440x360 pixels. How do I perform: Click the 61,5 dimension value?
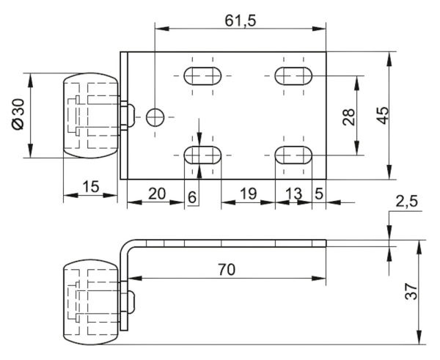pyautogui.click(x=240, y=21)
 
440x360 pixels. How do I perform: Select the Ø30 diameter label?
pyautogui.click(x=18, y=115)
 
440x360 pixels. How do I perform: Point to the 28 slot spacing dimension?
pyautogui.click(x=349, y=115)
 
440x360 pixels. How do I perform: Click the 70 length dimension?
pyautogui.click(x=226, y=269)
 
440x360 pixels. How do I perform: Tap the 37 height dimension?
pyautogui.click(x=411, y=291)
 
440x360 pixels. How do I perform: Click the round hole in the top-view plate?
pyautogui.click(x=155, y=116)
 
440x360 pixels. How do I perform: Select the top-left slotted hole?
pyautogui.click(x=202, y=76)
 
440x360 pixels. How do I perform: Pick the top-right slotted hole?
pyautogui.click(x=293, y=76)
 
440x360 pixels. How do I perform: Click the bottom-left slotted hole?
pyautogui.click(x=202, y=155)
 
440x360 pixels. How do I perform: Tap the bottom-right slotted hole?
pyautogui.click(x=293, y=155)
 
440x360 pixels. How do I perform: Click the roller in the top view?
pyautogui.click(x=89, y=115)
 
